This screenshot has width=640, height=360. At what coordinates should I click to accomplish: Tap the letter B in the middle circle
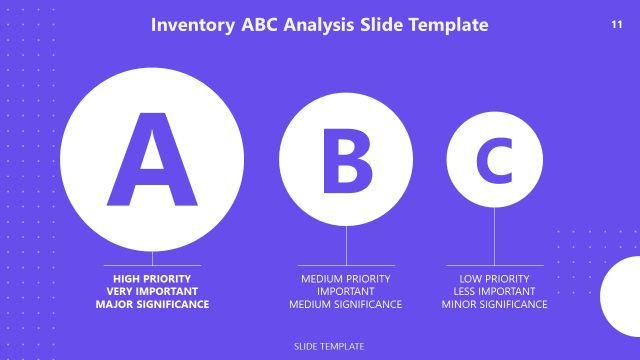pyautogui.click(x=346, y=160)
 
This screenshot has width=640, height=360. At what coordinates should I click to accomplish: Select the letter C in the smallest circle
pyautogui.click(x=494, y=160)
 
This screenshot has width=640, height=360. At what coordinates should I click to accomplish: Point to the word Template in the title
pyautogui.click(x=449, y=24)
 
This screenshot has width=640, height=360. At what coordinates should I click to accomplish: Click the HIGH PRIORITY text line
pyautogui.click(x=153, y=278)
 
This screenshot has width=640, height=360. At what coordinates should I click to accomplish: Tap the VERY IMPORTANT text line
pyautogui.click(x=153, y=291)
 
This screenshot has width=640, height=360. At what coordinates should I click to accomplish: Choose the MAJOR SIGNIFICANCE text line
pyautogui.click(x=153, y=304)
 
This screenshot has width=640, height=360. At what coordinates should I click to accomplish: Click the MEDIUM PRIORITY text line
pyautogui.click(x=345, y=278)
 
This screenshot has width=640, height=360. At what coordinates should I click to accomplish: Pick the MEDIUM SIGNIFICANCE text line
pyautogui.click(x=345, y=304)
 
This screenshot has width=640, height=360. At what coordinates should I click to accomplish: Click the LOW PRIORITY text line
pyautogui.click(x=494, y=278)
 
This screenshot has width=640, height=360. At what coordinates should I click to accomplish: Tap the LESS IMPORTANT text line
pyautogui.click(x=494, y=291)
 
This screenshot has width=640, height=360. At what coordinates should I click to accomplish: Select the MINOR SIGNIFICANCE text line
pyautogui.click(x=494, y=304)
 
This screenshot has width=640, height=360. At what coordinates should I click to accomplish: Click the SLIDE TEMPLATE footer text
pyautogui.click(x=329, y=346)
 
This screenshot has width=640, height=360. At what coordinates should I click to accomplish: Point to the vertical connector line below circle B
pyautogui.click(x=346, y=245)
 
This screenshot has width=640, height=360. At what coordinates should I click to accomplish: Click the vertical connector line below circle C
pyautogui.click(x=494, y=236)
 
